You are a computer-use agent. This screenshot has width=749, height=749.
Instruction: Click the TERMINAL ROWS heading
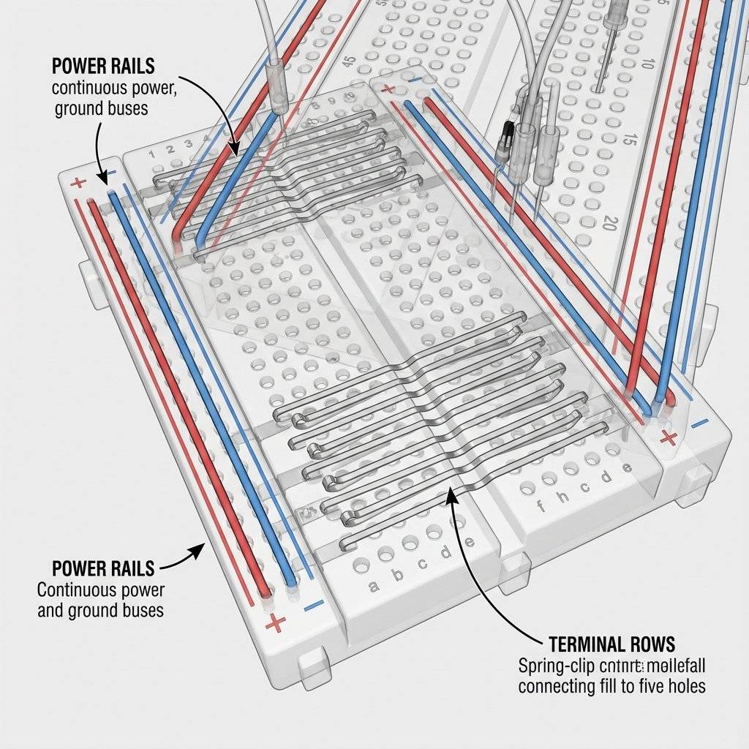point(611,644)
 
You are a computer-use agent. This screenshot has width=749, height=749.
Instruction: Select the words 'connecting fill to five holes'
point(611,687)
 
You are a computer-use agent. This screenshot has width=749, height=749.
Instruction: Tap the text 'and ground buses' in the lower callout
point(101,610)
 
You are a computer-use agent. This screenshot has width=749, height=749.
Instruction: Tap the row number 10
point(646,64)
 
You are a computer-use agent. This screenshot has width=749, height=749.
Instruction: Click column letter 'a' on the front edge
point(374,585)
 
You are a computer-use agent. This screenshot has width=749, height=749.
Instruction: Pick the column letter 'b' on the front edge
point(399,575)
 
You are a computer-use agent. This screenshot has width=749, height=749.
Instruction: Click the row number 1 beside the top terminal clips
point(152,154)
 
